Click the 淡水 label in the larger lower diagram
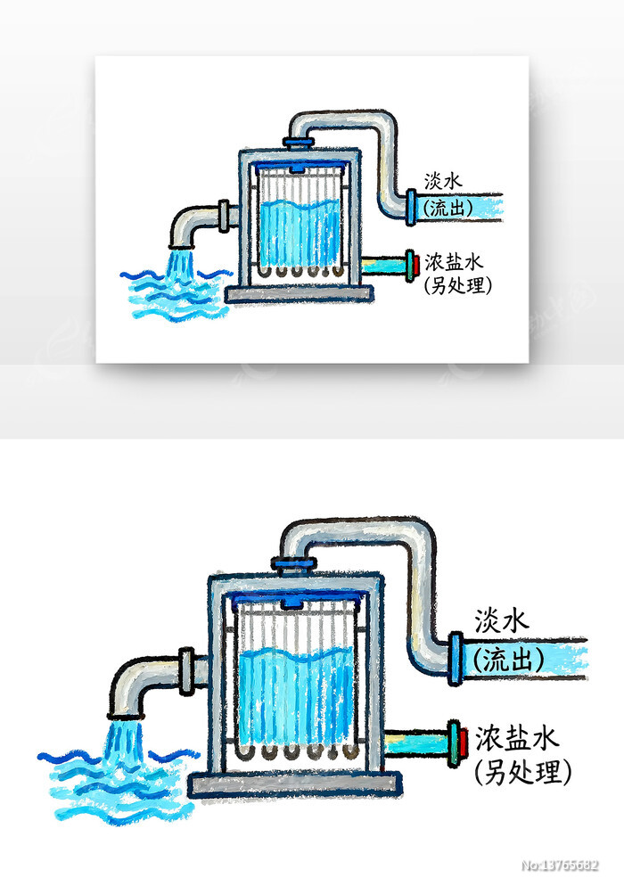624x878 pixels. pyautogui.click(x=503, y=619)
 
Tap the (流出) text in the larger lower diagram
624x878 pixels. pyautogui.click(x=509, y=661)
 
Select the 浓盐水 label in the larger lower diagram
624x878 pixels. pyautogui.click(x=516, y=737)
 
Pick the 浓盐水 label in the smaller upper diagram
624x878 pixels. pyautogui.click(x=453, y=261)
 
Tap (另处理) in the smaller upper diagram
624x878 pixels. pyautogui.click(x=458, y=284)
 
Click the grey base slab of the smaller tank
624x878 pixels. pyautogui.click(x=298, y=294)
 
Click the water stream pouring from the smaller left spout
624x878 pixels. pyautogui.click(x=181, y=263)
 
